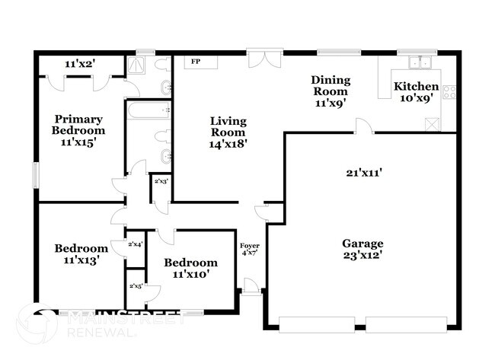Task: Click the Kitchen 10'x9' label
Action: coord(416,92)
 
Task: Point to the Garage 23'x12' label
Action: coord(362,249)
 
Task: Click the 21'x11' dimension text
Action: coord(362,173)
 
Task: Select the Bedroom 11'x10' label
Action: coord(186,267)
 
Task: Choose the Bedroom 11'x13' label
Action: coord(81,253)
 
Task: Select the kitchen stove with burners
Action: coord(449,93)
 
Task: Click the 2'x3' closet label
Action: coord(161,182)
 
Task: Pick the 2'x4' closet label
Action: coord(135,244)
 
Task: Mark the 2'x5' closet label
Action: coord(135,286)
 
